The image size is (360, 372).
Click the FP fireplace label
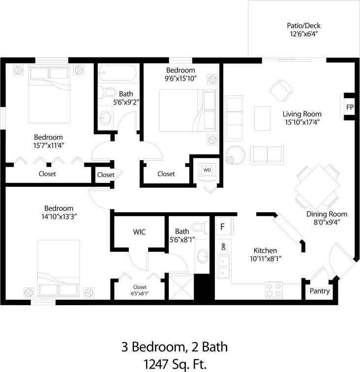click(x=350, y=107)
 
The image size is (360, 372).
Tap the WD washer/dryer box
click(x=207, y=170)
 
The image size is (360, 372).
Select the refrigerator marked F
click(x=222, y=227)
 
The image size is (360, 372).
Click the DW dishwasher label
click(x=224, y=246)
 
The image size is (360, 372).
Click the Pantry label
click(x=319, y=291)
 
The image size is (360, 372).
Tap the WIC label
click(x=139, y=231)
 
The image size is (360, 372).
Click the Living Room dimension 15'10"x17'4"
click(x=302, y=122)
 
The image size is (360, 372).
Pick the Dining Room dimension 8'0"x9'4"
click(x=327, y=222)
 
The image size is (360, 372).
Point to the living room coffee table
click(x=263, y=118)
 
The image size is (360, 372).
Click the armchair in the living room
click(x=281, y=89)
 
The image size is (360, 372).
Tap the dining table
click(x=318, y=187)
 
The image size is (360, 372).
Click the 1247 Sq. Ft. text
click(x=175, y=364)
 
